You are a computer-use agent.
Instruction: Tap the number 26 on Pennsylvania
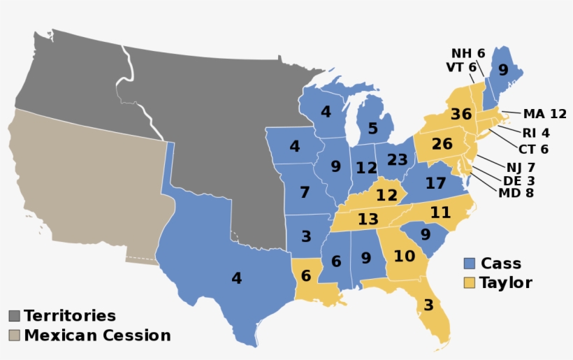point(442,145)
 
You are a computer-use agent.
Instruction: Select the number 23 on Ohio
point(397,160)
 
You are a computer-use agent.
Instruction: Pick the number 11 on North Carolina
point(440,212)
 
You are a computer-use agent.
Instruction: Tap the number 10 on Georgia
point(404,256)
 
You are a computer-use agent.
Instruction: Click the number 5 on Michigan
point(372,129)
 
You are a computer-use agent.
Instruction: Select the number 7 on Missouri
point(304,192)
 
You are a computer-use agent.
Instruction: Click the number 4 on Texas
point(236,278)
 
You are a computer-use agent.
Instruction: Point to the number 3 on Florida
point(428,305)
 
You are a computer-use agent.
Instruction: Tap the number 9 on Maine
point(503,70)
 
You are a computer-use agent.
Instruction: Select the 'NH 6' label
point(467,53)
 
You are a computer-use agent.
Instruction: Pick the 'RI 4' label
point(535,133)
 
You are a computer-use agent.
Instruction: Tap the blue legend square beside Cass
point(470,264)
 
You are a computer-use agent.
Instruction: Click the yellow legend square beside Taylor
point(470,283)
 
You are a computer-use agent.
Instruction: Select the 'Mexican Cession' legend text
point(97,336)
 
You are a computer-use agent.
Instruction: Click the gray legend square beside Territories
point(14,316)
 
